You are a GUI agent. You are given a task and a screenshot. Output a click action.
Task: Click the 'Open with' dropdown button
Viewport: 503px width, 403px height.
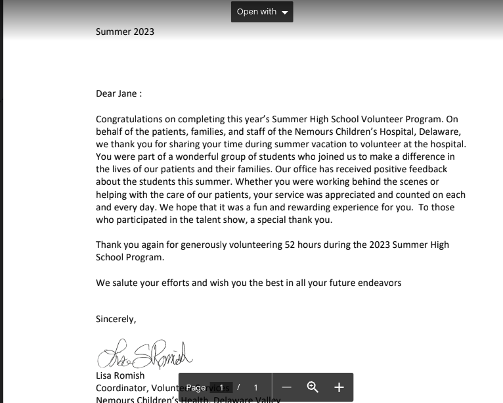click(261, 12)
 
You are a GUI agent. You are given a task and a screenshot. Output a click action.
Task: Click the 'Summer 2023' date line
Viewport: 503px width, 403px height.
click(125, 32)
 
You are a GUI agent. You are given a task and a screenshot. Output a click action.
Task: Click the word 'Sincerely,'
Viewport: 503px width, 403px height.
click(116, 319)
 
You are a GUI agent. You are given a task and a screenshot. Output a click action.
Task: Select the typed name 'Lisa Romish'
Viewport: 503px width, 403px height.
click(120, 375)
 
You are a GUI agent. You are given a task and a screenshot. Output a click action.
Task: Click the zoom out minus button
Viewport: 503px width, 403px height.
click(286, 387)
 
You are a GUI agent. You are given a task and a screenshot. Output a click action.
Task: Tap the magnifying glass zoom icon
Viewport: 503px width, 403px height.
click(313, 387)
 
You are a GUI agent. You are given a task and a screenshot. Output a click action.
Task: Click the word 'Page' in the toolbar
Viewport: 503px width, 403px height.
click(196, 388)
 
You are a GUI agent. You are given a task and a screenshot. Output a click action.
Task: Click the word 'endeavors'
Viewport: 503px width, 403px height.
click(379, 283)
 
